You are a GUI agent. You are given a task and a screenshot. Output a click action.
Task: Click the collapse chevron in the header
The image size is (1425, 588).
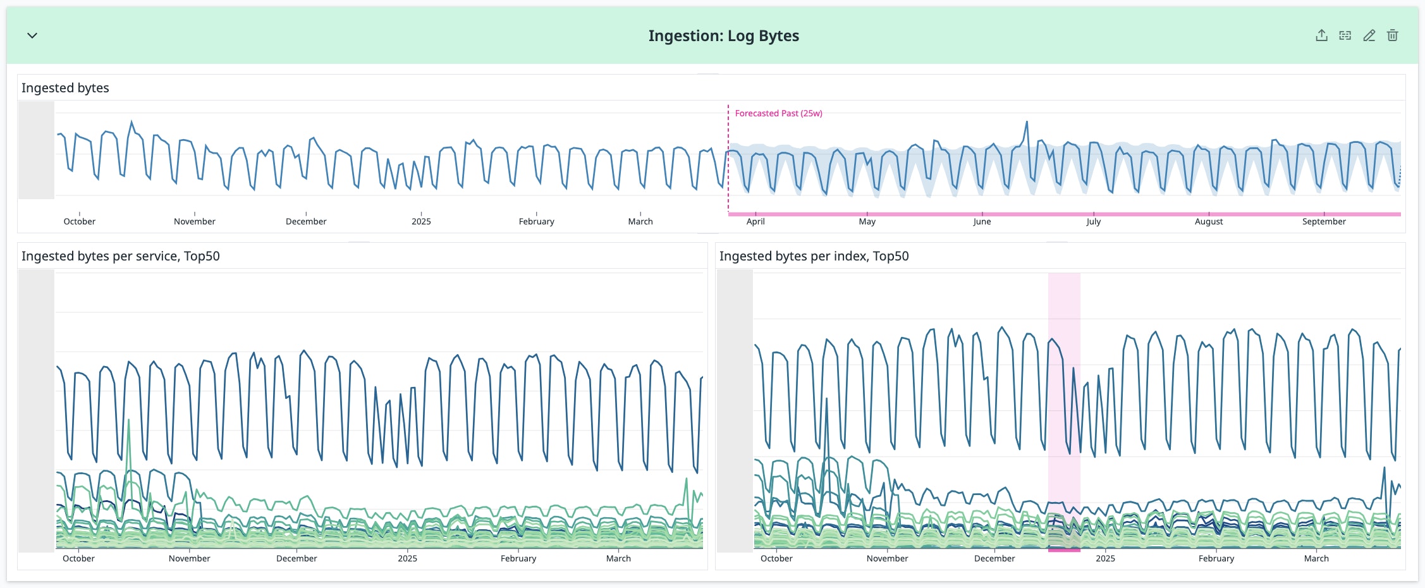[x=32, y=35]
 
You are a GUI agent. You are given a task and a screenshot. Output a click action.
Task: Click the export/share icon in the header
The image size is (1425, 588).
[x=1321, y=35]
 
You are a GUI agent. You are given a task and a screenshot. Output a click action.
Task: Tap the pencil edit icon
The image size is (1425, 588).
[x=1369, y=35]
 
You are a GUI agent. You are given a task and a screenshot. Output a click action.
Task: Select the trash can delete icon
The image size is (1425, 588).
[x=1392, y=35]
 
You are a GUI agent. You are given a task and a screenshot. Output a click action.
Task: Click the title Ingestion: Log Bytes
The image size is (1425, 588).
[x=723, y=36]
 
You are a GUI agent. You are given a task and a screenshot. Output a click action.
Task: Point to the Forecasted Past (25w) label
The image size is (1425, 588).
[x=778, y=113]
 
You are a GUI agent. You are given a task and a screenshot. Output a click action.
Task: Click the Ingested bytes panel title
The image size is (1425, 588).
[x=65, y=88]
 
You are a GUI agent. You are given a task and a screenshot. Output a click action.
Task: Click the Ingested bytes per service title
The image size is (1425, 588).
[x=121, y=256]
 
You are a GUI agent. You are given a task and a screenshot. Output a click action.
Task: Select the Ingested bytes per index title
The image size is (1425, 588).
[x=814, y=256]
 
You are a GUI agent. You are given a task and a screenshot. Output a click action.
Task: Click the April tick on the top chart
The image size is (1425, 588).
[x=755, y=221]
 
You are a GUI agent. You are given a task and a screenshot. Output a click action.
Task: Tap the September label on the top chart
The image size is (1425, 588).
[x=1324, y=221]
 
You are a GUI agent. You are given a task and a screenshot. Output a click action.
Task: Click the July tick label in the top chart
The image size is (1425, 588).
[x=1093, y=221]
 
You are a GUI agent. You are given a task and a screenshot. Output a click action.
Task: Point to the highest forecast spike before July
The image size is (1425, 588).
[x=1027, y=122]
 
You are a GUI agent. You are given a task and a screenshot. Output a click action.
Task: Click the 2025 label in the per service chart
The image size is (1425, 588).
[x=407, y=558]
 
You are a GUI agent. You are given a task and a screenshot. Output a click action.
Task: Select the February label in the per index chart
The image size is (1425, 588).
[x=1216, y=558]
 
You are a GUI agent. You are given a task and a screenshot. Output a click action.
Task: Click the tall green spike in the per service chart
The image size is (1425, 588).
[x=129, y=420]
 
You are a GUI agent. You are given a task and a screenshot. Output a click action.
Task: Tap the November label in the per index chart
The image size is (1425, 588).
[x=887, y=558]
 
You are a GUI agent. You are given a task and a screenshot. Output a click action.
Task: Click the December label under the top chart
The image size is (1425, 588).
[x=306, y=221]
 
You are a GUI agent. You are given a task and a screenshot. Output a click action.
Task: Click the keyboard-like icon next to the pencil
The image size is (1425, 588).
[x=1345, y=35]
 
